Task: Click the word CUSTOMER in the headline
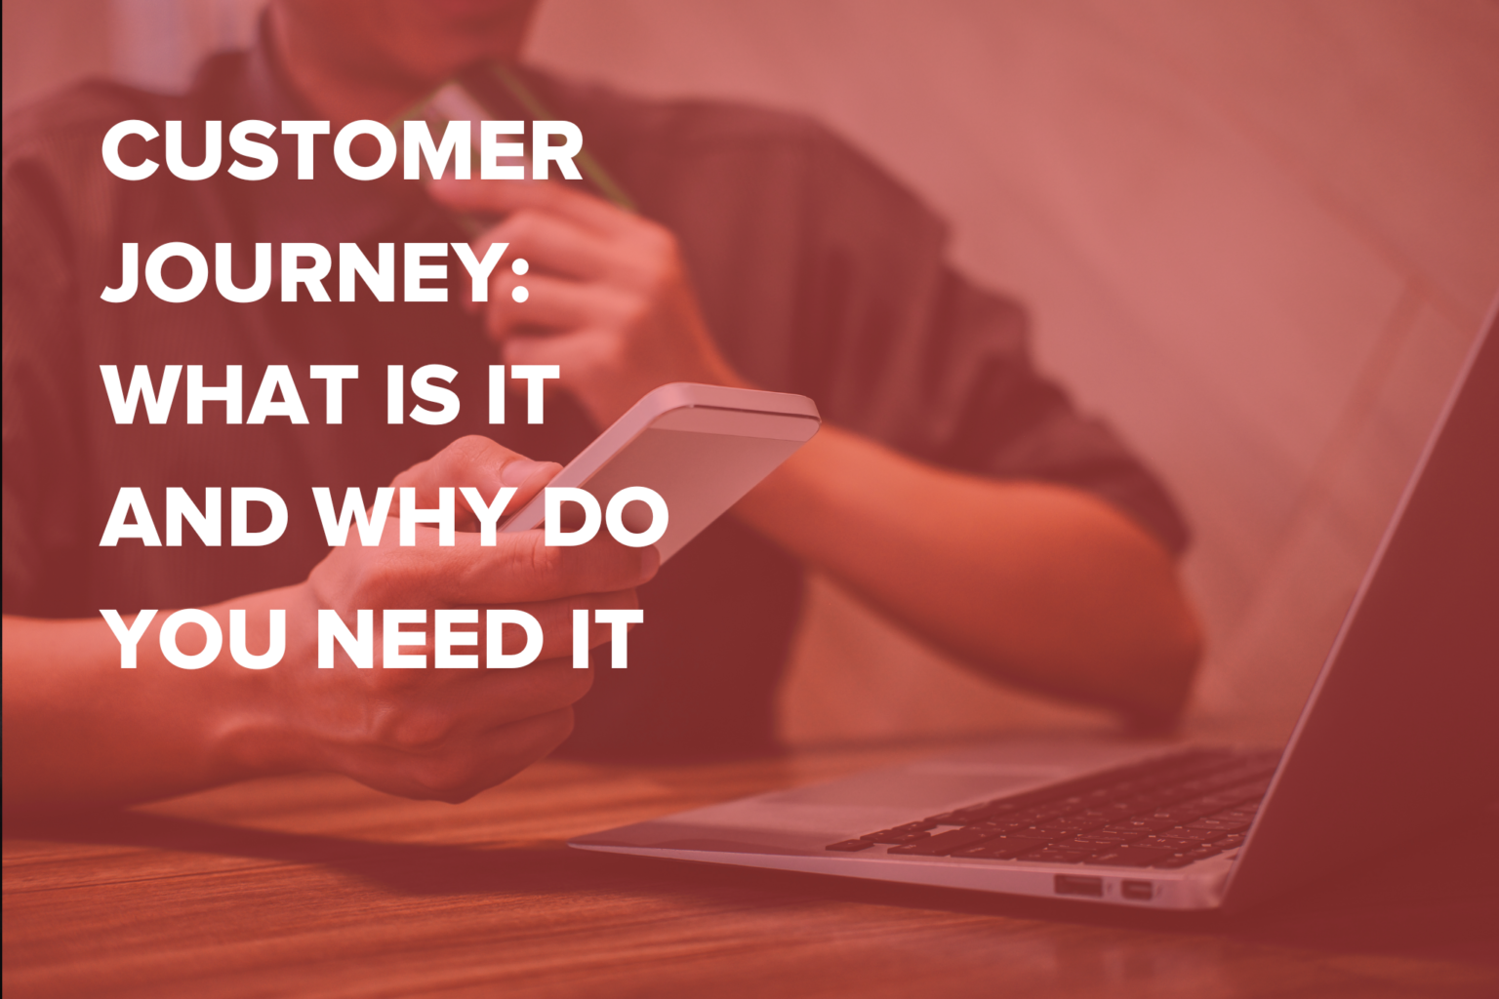342,151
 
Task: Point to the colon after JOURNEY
519,274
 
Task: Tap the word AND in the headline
193,517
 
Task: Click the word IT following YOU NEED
607,639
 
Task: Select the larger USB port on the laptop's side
1077,886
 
